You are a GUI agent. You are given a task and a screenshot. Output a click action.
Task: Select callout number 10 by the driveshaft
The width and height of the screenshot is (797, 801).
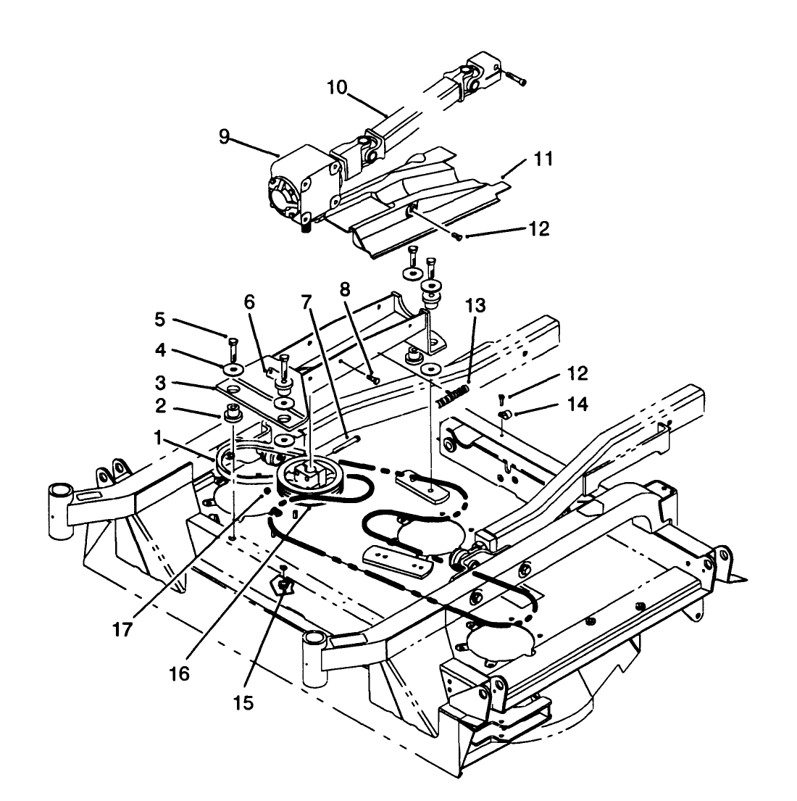[337, 88]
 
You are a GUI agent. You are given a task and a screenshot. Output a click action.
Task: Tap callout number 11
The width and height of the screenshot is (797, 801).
[543, 159]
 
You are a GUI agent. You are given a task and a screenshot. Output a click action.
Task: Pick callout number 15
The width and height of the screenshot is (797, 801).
[244, 703]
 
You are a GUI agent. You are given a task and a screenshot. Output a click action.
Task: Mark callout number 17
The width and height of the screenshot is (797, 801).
[122, 629]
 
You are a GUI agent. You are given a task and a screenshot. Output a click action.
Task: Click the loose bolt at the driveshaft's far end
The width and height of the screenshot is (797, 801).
[516, 80]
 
